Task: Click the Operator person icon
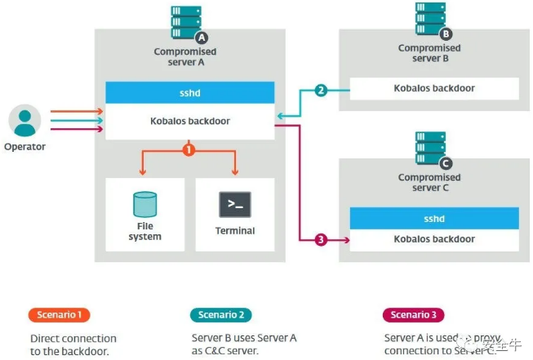pyautogui.click(x=24, y=121)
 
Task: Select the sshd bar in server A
pyautogui.click(x=189, y=92)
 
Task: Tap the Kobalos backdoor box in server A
pyautogui.click(x=189, y=120)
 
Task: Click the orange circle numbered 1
pyautogui.click(x=189, y=150)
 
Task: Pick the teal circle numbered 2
pyautogui.click(x=321, y=90)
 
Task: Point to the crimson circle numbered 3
pyautogui.click(x=321, y=239)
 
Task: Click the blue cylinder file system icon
pyautogui.click(x=144, y=204)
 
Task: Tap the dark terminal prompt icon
pyautogui.click(x=234, y=204)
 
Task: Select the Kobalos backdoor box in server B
pyautogui.click(x=433, y=88)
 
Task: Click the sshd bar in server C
pyautogui.click(x=433, y=218)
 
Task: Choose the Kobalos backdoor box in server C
pyautogui.click(x=433, y=240)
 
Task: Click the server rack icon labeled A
pyautogui.click(x=188, y=24)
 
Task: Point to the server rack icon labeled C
pyautogui.click(x=433, y=150)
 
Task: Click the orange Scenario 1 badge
pyautogui.click(x=60, y=315)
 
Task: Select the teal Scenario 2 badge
pyautogui.click(x=220, y=315)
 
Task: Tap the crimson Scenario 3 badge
pyautogui.click(x=414, y=315)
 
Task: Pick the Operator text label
pyautogui.click(x=24, y=147)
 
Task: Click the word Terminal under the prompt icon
pyautogui.click(x=234, y=231)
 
